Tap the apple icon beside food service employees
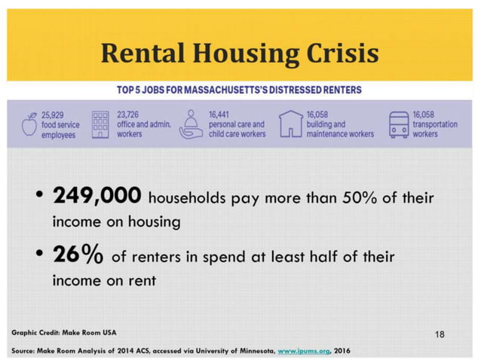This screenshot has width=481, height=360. coord(29,124)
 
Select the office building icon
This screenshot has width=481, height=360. coord(101,124)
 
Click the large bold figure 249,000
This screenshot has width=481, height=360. coord(96,197)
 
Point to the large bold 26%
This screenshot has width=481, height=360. coord(78,255)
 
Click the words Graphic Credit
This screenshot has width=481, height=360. coord(35,332)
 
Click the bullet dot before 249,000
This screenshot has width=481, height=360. coord(38,197)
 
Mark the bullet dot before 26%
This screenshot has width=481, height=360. coord(38,256)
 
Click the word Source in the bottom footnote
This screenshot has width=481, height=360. coord(23,350)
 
